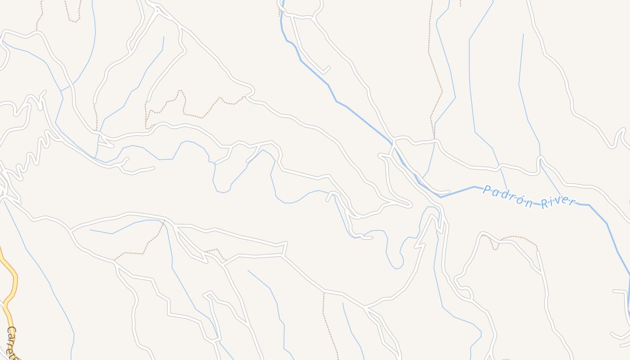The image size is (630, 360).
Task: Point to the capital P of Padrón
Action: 486,190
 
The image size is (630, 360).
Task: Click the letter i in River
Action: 551,202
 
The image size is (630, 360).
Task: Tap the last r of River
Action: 572,200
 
